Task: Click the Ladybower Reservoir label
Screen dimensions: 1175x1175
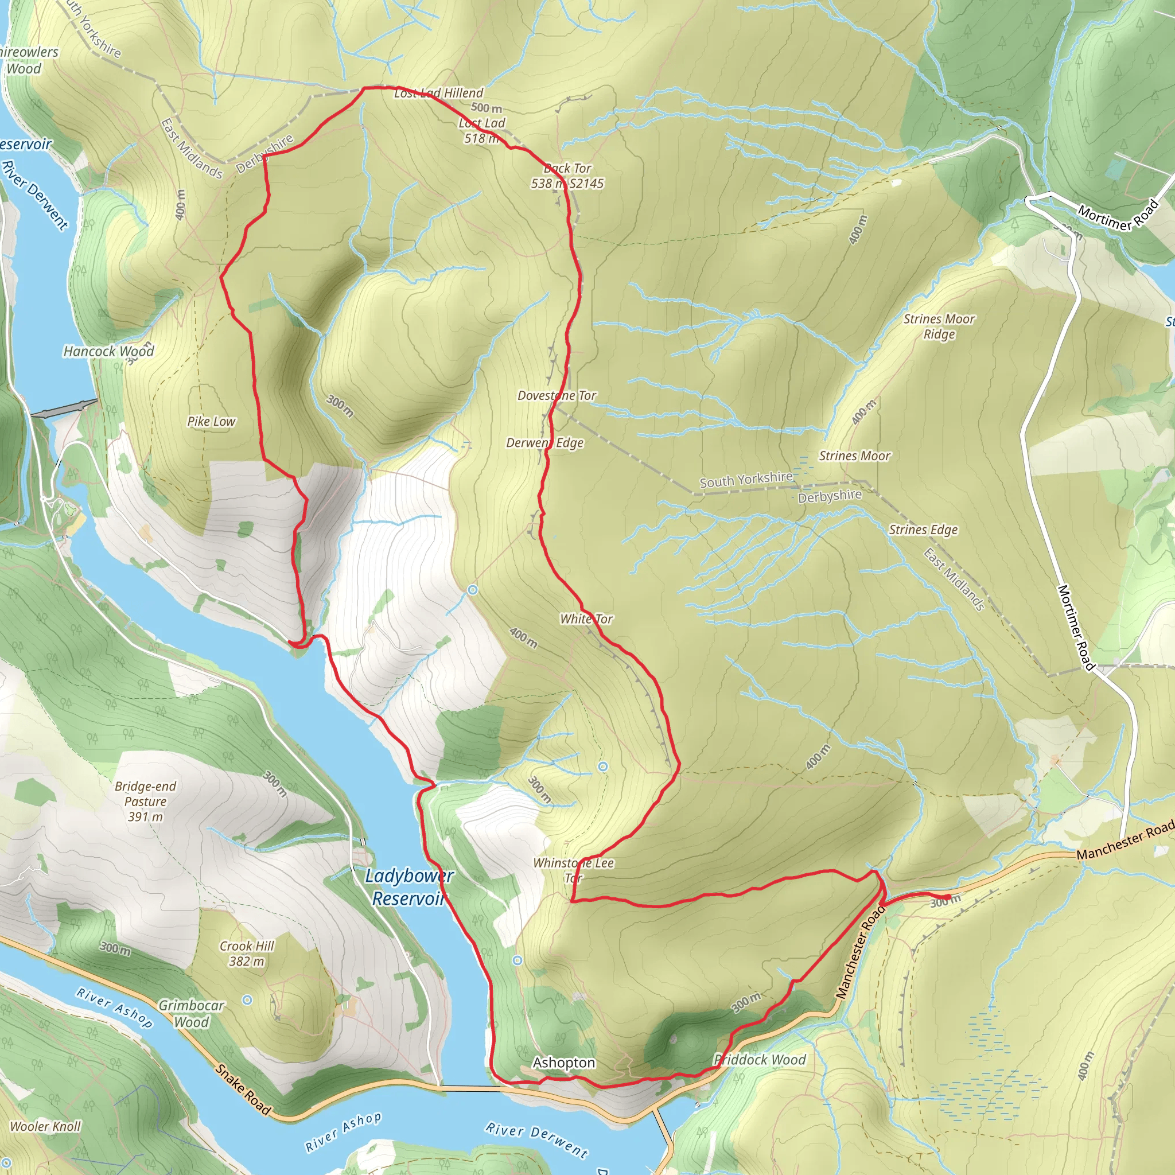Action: click(408, 887)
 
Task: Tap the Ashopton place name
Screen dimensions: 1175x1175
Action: click(564, 1063)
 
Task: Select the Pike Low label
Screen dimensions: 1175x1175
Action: click(211, 422)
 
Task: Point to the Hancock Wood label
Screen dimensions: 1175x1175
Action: click(109, 352)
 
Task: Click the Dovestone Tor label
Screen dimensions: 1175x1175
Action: click(557, 396)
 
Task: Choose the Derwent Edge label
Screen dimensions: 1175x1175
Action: click(545, 443)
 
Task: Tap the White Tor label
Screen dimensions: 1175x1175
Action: click(586, 619)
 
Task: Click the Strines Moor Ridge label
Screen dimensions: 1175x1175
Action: click(939, 326)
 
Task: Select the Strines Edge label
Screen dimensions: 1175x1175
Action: click(923, 530)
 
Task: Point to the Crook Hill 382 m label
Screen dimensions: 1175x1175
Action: click(247, 954)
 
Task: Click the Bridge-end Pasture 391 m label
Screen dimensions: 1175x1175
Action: click(145, 801)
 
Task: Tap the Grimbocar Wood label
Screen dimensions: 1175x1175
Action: click(192, 1014)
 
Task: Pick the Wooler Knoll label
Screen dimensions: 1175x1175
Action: click(46, 1126)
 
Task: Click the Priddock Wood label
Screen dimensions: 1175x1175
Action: click(760, 1060)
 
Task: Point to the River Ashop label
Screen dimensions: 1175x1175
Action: click(114, 1007)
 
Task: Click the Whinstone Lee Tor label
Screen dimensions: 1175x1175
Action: click(574, 870)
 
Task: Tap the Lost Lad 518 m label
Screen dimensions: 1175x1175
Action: click(482, 131)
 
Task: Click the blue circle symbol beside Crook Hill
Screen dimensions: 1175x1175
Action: click(247, 1000)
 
